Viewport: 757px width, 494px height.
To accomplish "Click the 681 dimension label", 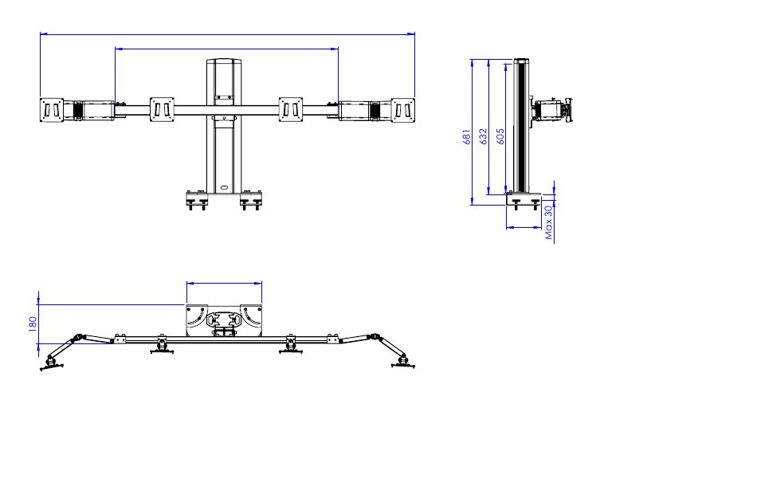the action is click(466, 137).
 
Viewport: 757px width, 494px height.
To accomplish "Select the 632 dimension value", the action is click(483, 137).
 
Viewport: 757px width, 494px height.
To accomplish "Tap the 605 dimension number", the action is click(500, 137).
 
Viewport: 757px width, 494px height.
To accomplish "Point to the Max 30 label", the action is click(548, 222).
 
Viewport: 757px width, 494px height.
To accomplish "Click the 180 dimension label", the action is click(33, 323).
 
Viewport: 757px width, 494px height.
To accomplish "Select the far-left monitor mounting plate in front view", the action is click(52, 110).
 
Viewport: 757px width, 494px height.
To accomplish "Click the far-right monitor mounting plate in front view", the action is click(402, 110).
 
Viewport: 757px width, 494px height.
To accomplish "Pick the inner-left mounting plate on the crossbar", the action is click(162, 110).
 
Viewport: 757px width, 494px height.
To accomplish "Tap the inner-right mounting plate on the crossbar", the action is click(291, 110).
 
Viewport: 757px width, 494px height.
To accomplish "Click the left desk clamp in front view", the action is click(197, 200).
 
